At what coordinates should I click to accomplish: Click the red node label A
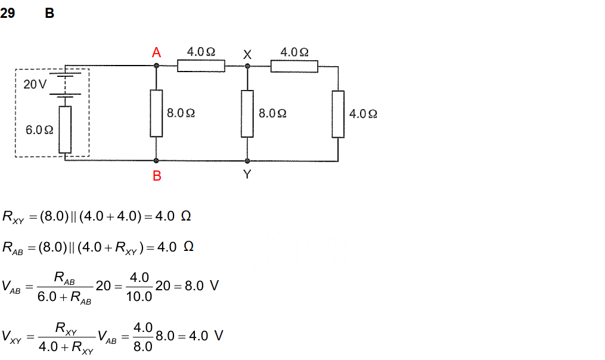point(156,52)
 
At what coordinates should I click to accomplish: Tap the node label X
point(247,54)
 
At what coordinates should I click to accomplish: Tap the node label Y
point(247,175)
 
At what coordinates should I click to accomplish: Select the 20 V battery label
point(35,85)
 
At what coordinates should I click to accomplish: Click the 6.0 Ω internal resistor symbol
point(65,129)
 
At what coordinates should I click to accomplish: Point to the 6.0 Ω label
point(40,129)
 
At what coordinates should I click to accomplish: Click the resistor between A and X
point(201,66)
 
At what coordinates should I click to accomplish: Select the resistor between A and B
point(156,113)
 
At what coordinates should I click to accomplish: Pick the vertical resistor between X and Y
point(247,113)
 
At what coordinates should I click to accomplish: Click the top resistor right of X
point(294,66)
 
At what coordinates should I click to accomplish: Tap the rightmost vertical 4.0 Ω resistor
point(338,114)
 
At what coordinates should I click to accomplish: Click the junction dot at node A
point(156,66)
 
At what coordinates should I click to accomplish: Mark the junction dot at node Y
point(247,161)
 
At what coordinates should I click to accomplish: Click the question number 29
point(8,13)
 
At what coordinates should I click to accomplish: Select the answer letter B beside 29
point(49,13)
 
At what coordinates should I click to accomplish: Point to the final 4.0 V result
point(206,336)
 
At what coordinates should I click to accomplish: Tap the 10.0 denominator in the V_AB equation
point(139,296)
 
